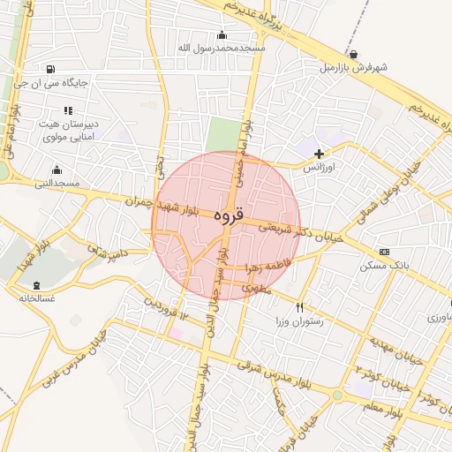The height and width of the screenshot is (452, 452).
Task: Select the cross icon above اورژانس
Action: tap(319, 154)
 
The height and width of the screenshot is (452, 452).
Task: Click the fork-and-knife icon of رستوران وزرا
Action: tap(300, 307)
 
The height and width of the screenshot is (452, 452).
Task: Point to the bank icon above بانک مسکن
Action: tap(383, 252)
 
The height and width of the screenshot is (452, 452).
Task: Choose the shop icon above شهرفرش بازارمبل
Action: tap(354, 53)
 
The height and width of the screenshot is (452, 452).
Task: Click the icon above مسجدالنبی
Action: tap(57, 169)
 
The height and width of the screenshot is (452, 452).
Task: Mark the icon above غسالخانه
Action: tap(36, 285)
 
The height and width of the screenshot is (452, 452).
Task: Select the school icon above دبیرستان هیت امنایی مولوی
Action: tap(68, 110)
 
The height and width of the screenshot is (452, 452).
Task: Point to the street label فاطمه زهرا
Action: tap(281, 263)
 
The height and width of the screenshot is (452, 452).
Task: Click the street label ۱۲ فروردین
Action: tap(166, 309)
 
